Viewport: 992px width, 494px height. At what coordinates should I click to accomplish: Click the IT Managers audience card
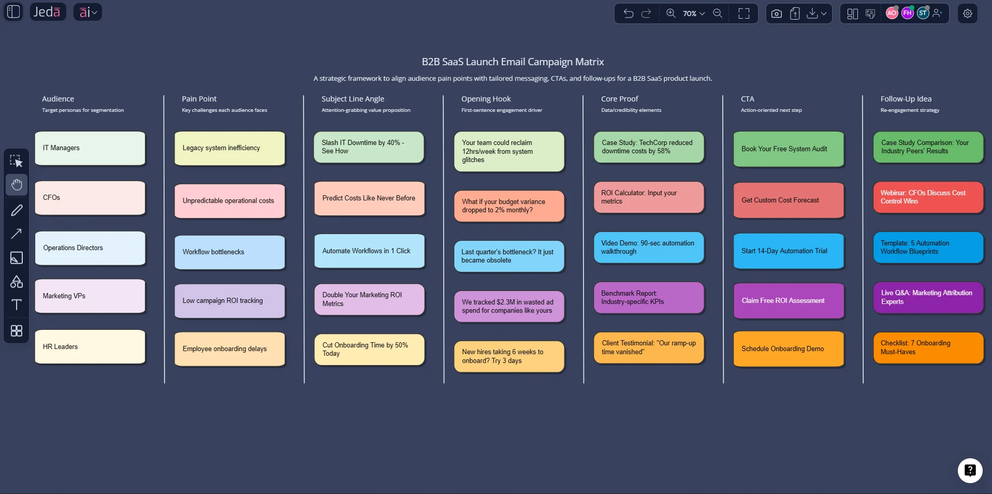(90, 148)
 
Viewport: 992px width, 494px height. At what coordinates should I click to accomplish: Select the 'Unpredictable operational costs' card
(229, 201)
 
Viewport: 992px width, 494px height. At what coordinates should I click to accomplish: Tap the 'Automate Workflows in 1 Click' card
(369, 251)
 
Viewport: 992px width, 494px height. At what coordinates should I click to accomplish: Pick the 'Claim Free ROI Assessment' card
(788, 301)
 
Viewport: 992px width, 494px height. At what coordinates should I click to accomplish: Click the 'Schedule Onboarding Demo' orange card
(788, 349)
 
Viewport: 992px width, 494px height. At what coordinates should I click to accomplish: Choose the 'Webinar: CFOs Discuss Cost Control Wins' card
(928, 197)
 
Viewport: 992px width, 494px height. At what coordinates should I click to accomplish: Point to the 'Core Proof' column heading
(619, 99)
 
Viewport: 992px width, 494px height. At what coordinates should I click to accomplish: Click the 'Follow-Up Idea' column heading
(906, 99)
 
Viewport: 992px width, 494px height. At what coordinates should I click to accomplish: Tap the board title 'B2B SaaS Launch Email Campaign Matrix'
(513, 62)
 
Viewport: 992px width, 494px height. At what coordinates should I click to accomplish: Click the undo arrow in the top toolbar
(629, 13)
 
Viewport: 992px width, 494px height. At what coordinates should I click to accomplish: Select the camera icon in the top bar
(776, 13)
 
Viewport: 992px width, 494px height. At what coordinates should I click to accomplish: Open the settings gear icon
(967, 13)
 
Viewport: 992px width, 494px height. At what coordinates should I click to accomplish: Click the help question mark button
(970, 470)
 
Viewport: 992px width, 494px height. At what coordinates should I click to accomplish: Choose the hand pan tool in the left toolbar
(17, 185)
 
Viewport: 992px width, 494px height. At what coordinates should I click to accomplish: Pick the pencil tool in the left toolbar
(17, 210)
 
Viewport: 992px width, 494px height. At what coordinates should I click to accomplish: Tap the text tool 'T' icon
(17, 304)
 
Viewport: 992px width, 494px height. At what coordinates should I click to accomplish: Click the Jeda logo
(47, 12)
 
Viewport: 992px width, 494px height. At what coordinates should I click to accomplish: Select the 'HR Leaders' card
(90, 347)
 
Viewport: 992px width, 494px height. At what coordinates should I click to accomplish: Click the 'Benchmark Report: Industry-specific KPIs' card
(648, 298)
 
